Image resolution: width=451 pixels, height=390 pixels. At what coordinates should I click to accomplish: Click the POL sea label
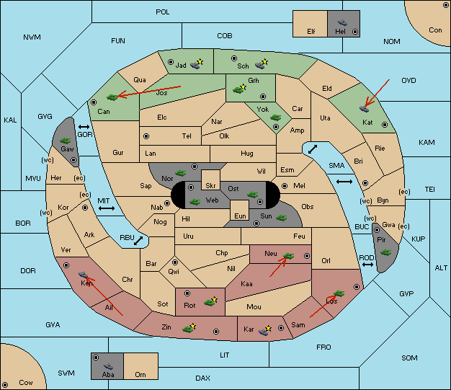163,12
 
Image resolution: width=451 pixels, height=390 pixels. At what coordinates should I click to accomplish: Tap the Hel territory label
340,32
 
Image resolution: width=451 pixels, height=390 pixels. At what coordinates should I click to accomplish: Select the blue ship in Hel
342,22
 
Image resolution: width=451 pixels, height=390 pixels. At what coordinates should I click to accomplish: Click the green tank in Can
112,97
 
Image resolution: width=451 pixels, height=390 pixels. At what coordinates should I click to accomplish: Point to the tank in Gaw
66,141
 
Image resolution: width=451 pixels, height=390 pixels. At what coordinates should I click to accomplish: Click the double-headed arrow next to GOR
84,127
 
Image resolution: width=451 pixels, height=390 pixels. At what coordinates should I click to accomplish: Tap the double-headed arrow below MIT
107,208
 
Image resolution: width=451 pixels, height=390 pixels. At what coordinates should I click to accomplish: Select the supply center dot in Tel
146,136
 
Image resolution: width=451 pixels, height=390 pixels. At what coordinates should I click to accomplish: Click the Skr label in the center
210,186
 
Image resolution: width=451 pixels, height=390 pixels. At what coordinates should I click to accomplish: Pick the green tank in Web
195,202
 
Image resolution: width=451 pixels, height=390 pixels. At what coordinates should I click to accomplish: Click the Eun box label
240,216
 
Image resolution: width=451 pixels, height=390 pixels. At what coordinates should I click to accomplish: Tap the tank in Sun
281,218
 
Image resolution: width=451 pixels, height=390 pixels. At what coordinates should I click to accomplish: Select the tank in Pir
385,252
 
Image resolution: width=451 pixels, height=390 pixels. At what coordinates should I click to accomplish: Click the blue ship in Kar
264,332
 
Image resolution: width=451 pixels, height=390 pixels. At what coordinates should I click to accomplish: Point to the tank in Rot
209,303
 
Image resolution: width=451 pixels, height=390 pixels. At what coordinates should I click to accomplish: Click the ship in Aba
108,366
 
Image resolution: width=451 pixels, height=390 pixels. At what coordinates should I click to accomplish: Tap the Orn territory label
140,374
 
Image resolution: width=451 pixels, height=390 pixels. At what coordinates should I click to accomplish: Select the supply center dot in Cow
5,384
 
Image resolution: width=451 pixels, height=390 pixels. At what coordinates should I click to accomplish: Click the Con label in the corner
435,30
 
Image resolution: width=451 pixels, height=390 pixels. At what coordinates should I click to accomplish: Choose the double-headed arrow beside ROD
367,265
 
